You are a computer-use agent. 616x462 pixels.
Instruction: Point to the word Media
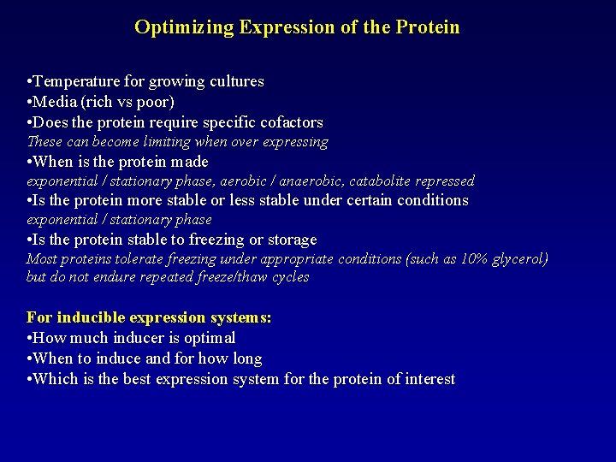click(53, 102)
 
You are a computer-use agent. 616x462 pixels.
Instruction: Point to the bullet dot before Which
click(30, 379)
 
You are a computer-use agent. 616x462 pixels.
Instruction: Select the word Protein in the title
click(428, 27)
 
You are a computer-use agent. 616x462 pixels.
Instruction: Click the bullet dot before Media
click(30, 102)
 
